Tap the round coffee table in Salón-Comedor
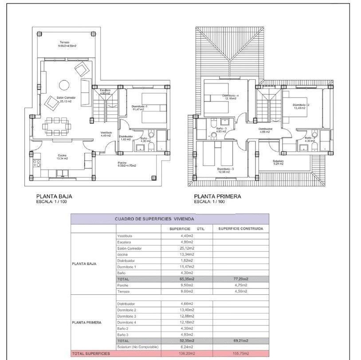pyautogui.click(x=64, y=85)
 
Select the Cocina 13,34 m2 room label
pyautogui.click(x=49, y=157)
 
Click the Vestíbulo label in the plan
pyautogui.click(x=106, y=134)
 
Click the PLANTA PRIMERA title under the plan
pyautogui.click(x=217, y=196)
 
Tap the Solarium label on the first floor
pyautogui.click(x=279, y=162)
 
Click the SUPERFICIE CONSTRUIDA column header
pyautogui.click(x=241, y=229)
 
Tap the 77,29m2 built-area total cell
pyautogui.click(x=240, y=279)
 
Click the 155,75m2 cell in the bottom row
pyautogui.click(x=240, y=353)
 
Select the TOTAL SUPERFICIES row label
pyautogui.click(x=91, y=353)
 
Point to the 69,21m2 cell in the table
pyautogui.click(x=240, y=340)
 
